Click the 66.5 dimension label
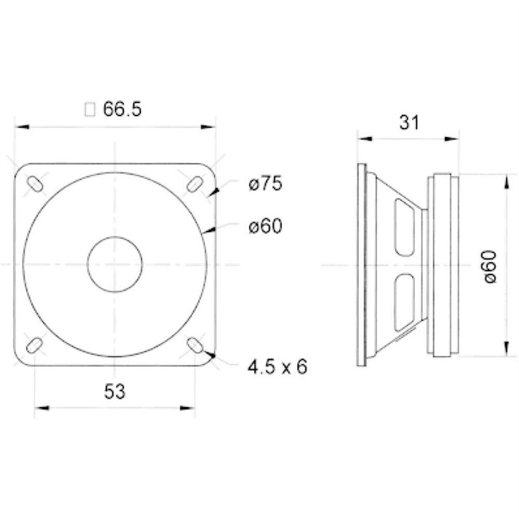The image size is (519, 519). point(122,109)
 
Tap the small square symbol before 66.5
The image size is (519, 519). point(90,110)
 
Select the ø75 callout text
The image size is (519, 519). point(265,184)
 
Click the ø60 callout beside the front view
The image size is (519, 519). point(265,226)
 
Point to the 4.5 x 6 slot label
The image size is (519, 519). point(278,367)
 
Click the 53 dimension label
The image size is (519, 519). point(115,392)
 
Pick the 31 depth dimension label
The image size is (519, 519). point(409,123)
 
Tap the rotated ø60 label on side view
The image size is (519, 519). point(490,267)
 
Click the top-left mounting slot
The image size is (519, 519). point(34,184)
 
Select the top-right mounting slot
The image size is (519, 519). point(195,184)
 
